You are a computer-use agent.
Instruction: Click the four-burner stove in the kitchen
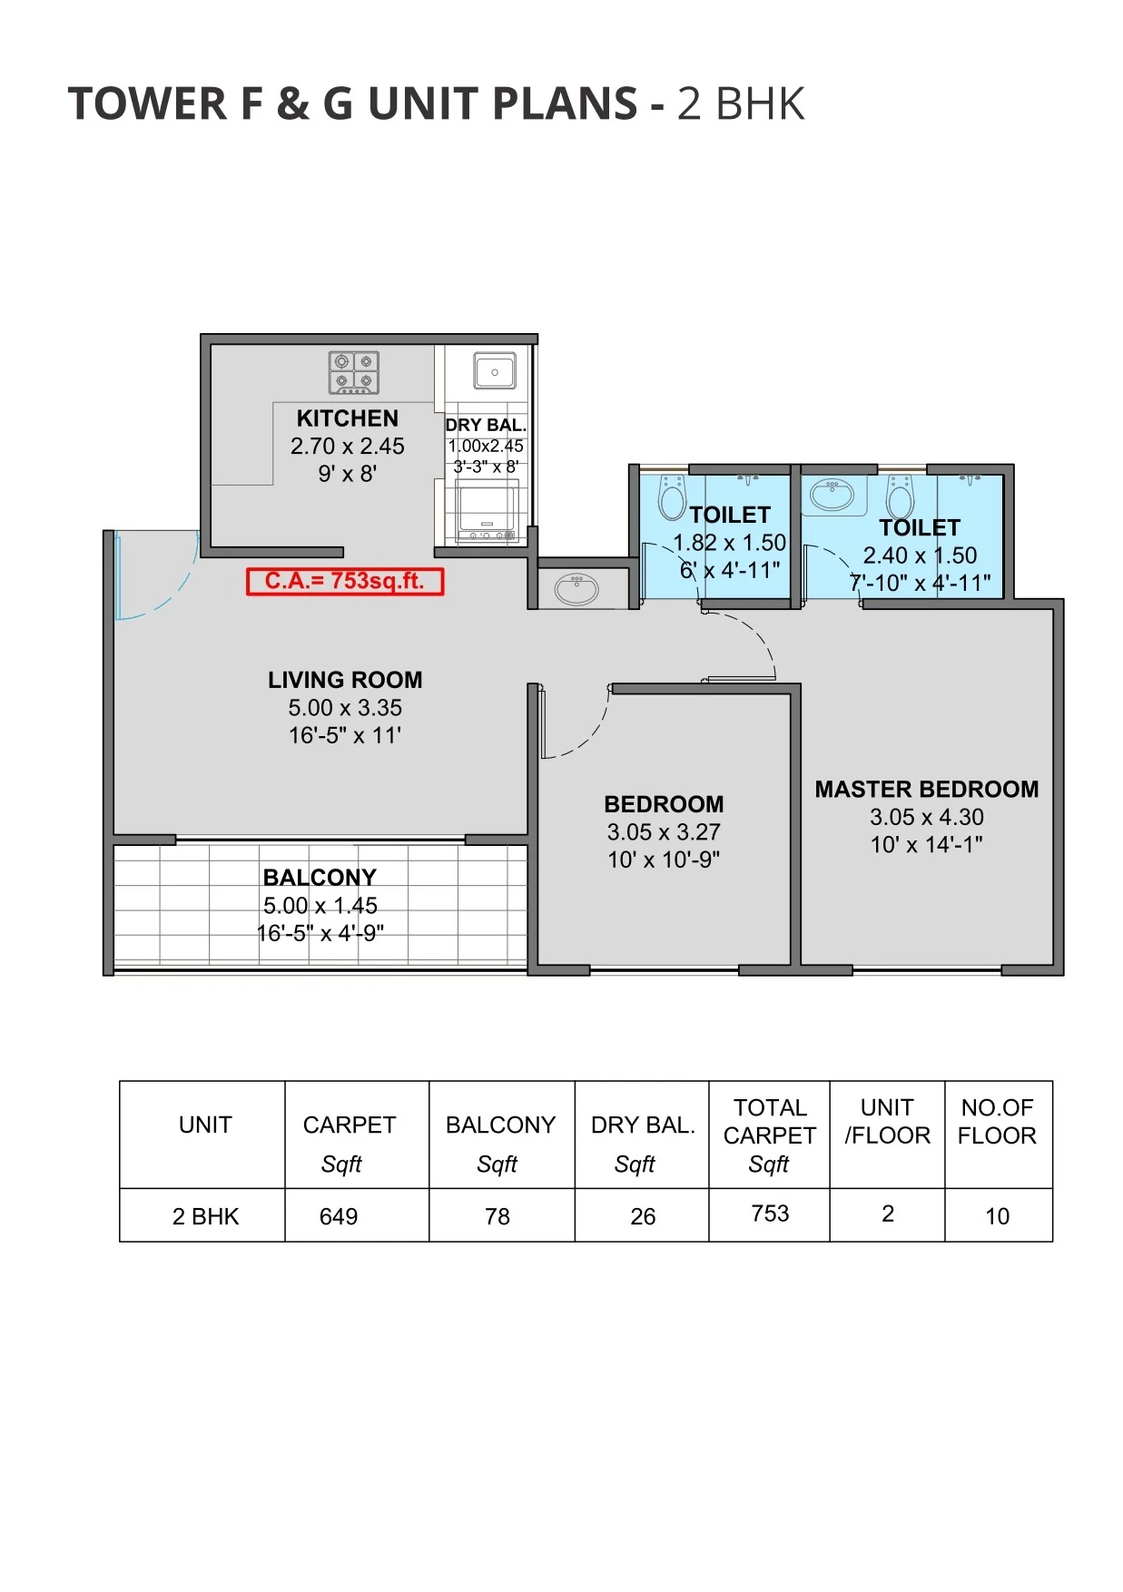[353, 372]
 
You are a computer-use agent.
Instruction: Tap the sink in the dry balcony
[494, 372]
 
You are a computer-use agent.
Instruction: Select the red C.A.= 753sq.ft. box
[345, 581]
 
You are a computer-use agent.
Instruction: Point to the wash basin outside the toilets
[576, 589]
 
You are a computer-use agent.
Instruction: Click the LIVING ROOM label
[345, 680]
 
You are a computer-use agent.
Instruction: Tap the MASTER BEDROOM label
[926, 789]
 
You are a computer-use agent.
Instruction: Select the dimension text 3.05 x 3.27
[664, 831]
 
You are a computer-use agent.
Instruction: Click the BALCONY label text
[320, 878]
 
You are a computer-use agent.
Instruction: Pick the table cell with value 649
[339, 1216]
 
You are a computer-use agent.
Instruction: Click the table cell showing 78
[497, 1216]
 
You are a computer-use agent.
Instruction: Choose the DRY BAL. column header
[643, 1125]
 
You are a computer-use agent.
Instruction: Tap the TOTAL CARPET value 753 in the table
[770, 1214]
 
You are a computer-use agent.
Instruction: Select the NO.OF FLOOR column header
[997, 1122]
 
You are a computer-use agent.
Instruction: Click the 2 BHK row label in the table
[205, 1216]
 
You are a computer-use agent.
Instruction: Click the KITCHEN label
[348, 418]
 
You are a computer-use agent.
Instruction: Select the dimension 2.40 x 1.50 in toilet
[920, 555]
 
